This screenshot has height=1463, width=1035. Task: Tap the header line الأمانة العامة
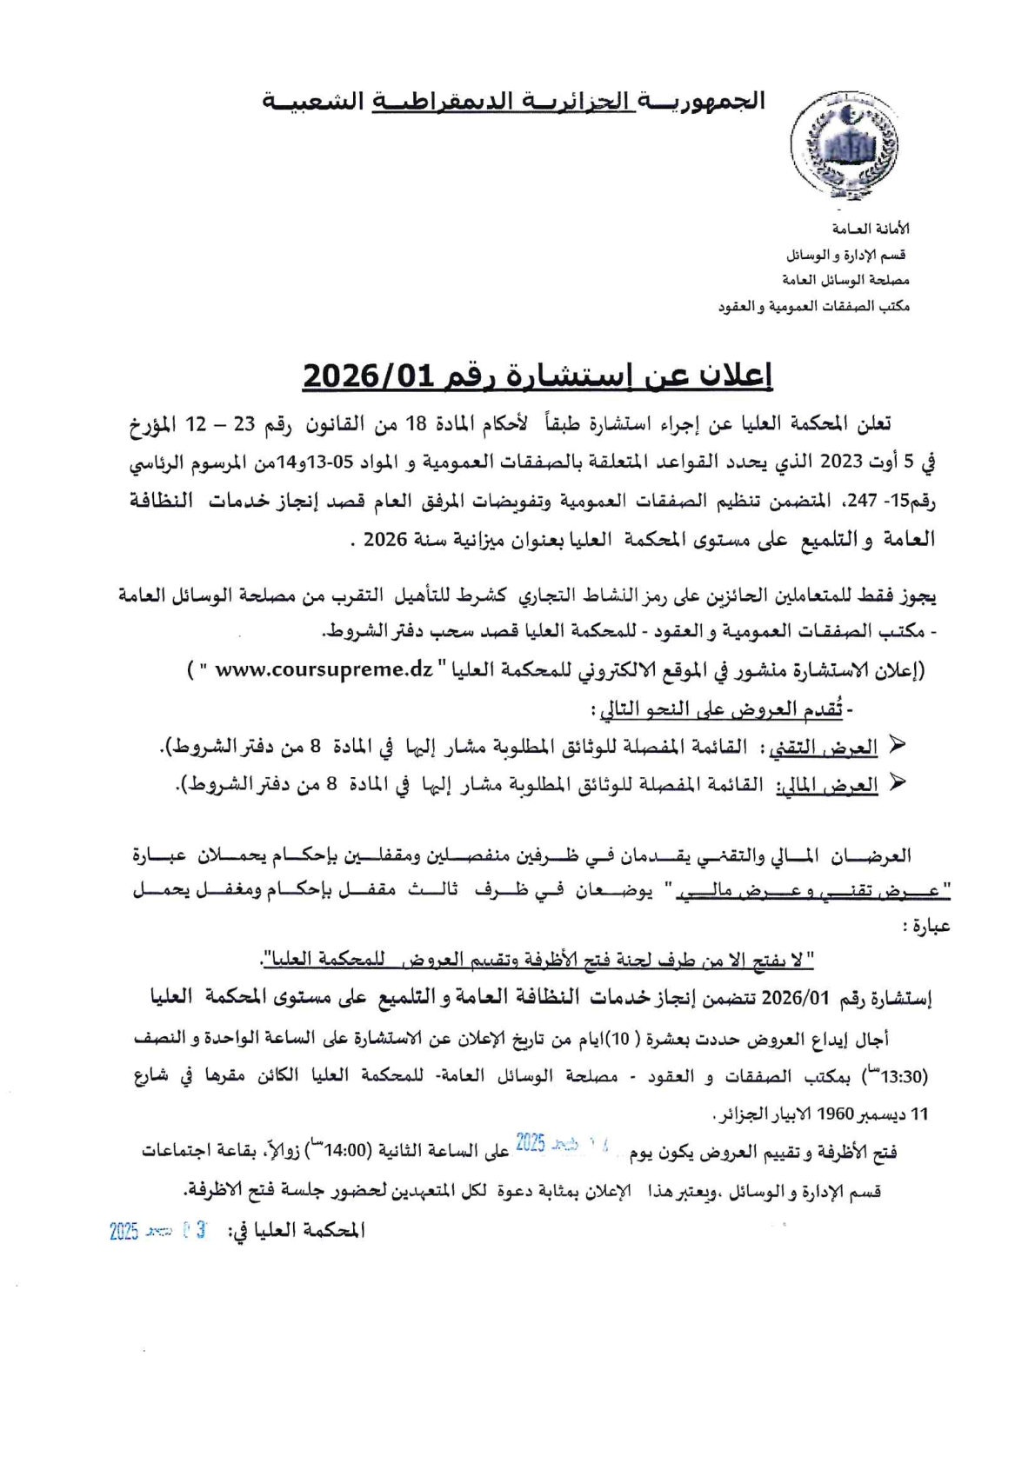tap(870, 229)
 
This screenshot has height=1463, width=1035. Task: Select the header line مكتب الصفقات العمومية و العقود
tap(814, 307)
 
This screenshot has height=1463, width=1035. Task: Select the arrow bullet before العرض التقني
tap(898, 746)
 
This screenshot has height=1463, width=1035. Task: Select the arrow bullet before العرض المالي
tap(898, 783)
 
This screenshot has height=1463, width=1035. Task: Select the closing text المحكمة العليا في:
tap(296, 1231)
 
